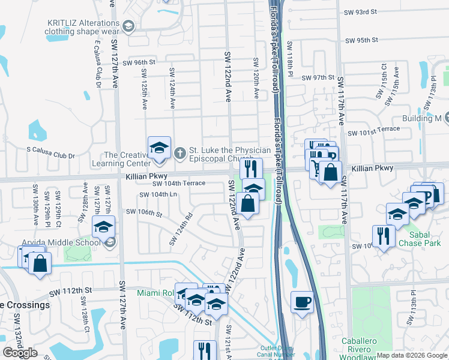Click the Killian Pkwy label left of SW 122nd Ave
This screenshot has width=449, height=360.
[146, 176]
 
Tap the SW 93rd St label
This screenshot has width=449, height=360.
[360, 12]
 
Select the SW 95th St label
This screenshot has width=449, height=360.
[361, 40]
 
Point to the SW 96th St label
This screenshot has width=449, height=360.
[139, 62]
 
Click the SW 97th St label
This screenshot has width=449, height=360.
[318, 78]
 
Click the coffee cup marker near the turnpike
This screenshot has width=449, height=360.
[302, 301]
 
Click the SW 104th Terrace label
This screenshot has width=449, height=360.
[179, 184]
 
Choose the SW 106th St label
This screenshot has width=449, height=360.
[144, 212]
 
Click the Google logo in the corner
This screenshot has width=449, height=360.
[20, 353]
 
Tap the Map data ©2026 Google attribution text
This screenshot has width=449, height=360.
[412, 355]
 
